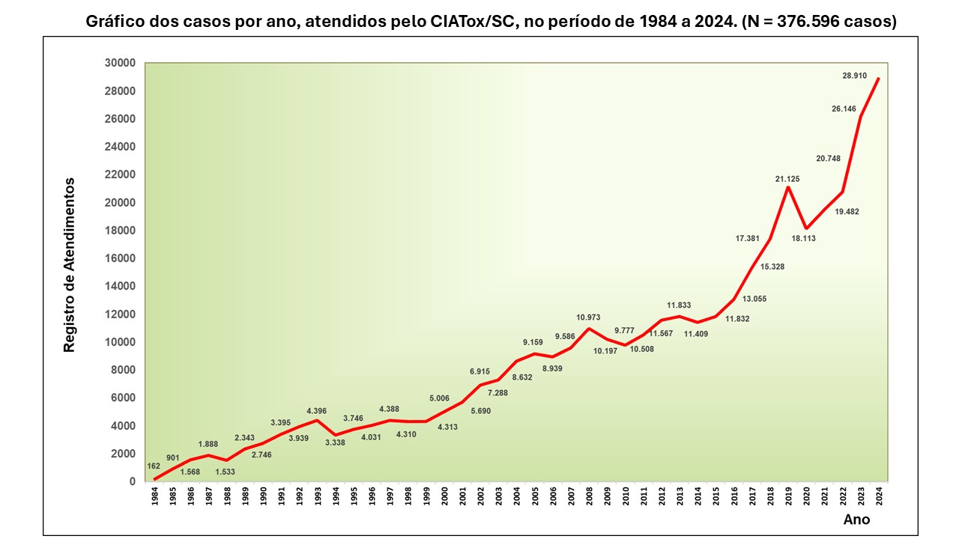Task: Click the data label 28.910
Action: (x=855, y=76)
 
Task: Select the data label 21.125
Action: (x=787, y=179)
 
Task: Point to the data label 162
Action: (x=154, y=466)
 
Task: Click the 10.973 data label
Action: (x=588, y=317)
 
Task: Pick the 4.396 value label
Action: (x=317, y=410)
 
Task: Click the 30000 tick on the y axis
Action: (x=120, y=63)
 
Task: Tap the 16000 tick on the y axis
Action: (x=120, y=258)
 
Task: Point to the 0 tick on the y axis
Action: (x=131, y=481)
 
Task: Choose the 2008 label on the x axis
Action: (x=590, y=497)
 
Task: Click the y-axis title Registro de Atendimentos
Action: (x=69, y=265)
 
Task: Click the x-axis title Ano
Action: (x=857, y=519)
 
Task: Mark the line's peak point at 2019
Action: (x=788, y=186)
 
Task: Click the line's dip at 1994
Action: (x=336, y=435)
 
